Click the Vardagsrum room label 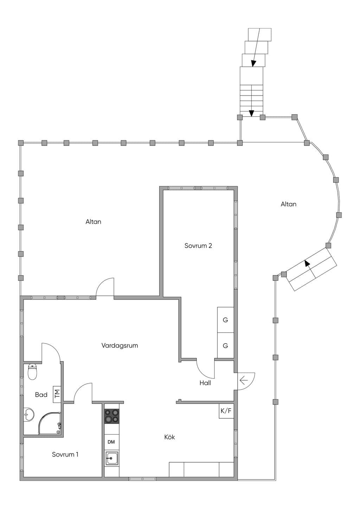coord(120,346)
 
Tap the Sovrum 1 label coord(65,454)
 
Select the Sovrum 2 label coord(198,246)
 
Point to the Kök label coord(169,437)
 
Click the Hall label coord(205,383)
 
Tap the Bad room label coord(41,394)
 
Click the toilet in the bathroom coord(32,372)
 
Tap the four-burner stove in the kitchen coord(111,416)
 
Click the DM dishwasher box coord(111,442)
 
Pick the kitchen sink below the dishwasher coord(111,458)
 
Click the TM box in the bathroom coord(57,394)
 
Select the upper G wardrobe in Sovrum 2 coord(225,320)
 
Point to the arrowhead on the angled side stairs coord(307,263)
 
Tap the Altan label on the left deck coord(94,221)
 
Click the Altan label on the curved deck coord(288,204)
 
